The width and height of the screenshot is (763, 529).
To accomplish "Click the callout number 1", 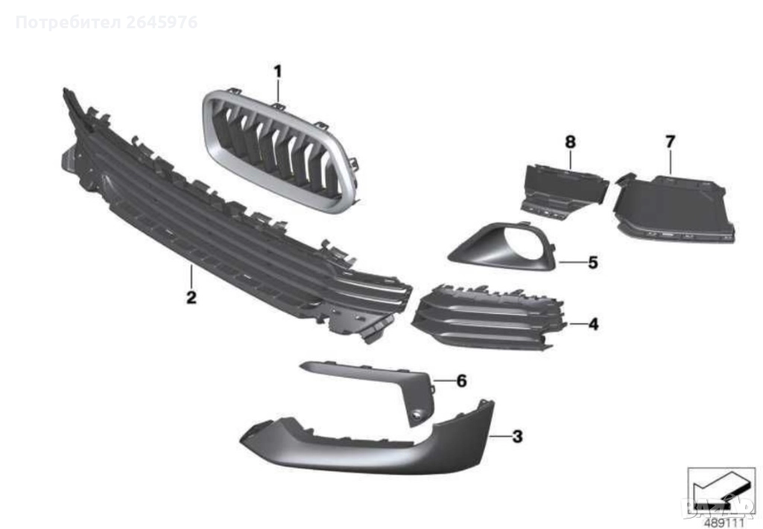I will [277, 72].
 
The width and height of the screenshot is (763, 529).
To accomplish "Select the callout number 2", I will [191, 298].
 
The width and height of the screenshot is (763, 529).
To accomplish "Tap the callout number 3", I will [517, 437].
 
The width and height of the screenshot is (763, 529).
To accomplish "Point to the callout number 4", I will [593, 324].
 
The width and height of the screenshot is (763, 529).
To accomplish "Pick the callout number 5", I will [592, 262].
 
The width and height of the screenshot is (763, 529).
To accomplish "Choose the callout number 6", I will [461, 381].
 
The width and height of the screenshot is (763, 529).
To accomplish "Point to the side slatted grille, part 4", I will [484, 317].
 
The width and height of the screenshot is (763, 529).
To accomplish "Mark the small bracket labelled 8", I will [559, 186].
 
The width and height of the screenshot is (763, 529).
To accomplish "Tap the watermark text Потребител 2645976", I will [106, 22].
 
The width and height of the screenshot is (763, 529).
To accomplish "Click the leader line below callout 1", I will [277, 92].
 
